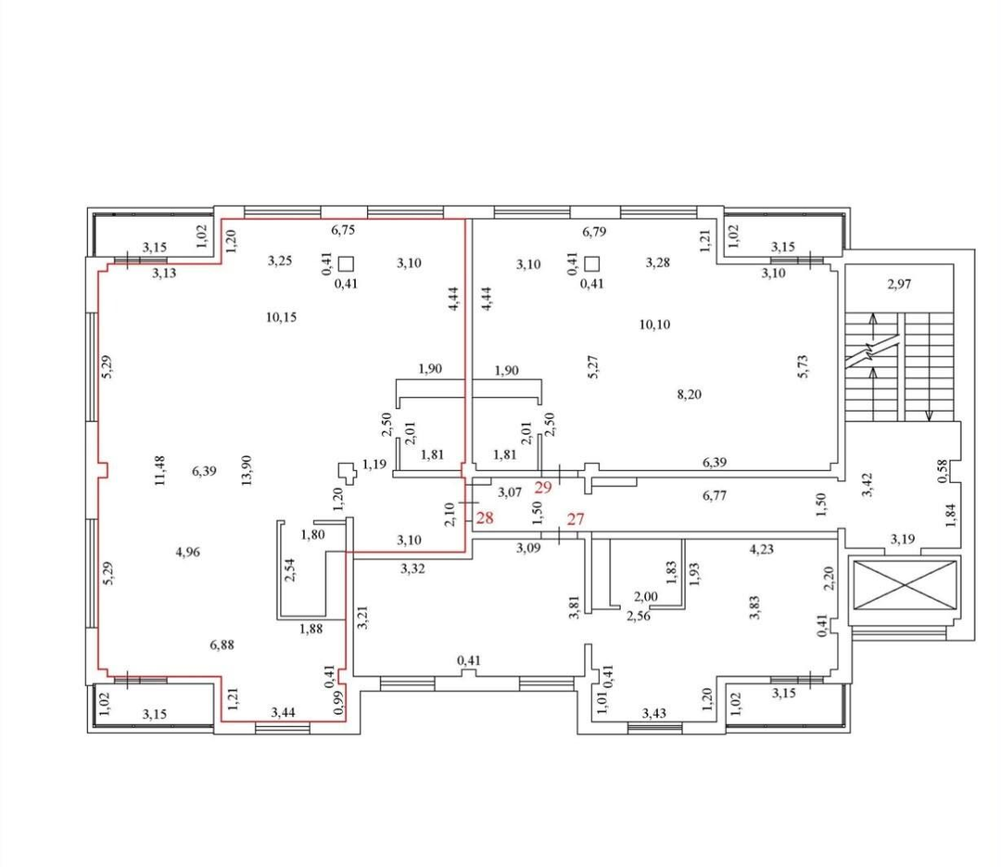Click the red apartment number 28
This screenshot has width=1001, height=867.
[x=485, y=517]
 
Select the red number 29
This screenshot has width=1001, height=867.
[x=542, y=488]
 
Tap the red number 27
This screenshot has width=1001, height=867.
[x=576, y=518]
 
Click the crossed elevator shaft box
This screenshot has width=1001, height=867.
[x=904, y=585]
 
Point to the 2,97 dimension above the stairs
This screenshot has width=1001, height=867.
[x=899, y=285]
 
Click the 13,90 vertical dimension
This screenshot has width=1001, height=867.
[x=247, y=470]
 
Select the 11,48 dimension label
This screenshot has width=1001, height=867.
[x=159, y=470]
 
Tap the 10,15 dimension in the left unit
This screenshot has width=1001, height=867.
[x=281, y=317]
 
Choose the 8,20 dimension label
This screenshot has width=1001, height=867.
[x=689, y=394]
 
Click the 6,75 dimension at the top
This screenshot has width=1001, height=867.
[x=343, y=230]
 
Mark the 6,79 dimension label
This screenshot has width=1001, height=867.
[x=594, y=231]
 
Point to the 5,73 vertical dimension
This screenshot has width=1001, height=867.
[x=803, y=366]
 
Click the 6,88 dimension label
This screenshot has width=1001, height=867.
[x=222, y=645]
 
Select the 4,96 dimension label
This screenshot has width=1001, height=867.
[x=187, y=552]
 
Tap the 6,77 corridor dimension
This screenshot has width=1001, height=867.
[x=715, y=495]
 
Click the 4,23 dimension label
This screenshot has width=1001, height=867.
[x=762, y=549]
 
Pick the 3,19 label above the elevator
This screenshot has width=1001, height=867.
[x=902, y=540]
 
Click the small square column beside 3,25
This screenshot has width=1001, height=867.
[x=347, y=263]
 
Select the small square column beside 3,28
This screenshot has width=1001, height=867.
[x=591, y=264]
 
